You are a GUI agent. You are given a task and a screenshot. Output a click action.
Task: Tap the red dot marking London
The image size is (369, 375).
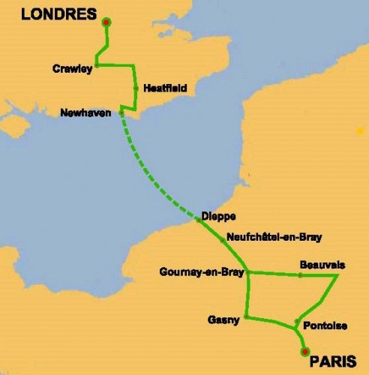pos(106,22)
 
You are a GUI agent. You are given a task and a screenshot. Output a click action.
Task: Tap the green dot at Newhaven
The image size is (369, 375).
pos(121,113)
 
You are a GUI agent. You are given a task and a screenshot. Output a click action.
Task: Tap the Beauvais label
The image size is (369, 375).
pos(322,265)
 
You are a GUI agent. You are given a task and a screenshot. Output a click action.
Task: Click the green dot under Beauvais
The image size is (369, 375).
pos(300,275)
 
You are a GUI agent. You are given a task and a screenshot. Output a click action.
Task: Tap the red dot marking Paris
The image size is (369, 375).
pos(304,350)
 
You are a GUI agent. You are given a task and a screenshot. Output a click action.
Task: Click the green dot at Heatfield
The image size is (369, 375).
pos(136,88)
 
